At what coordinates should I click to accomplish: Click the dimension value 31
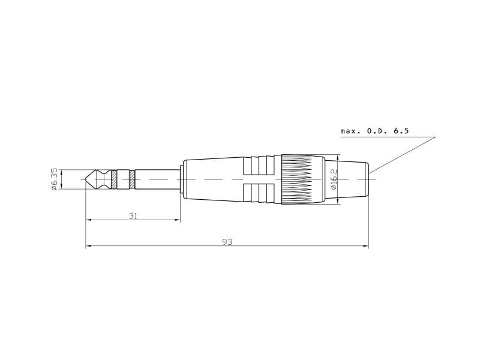pyautogui.click(x=133, y=216)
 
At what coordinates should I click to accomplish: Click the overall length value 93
pyautogui.click(x=227, y=242)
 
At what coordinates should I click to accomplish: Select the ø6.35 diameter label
pyautogui.click(x=54, y=179)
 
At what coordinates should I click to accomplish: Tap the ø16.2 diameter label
pyautogui.click(x=334, y=179)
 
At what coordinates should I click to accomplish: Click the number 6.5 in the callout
pyautogui.click(x=401, y=131)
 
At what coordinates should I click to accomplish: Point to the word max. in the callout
pyautogui.click(x=350, y=131)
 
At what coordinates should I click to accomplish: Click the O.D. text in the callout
pyautogui.click(x=377, y=131)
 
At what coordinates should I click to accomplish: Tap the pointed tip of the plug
pyautogui.click(x=85, y=179)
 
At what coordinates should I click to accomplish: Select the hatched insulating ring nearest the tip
pyautogui.click(x=114, y=179)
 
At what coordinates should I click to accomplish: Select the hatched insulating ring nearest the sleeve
pyautogui.click(x=132, y=179)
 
